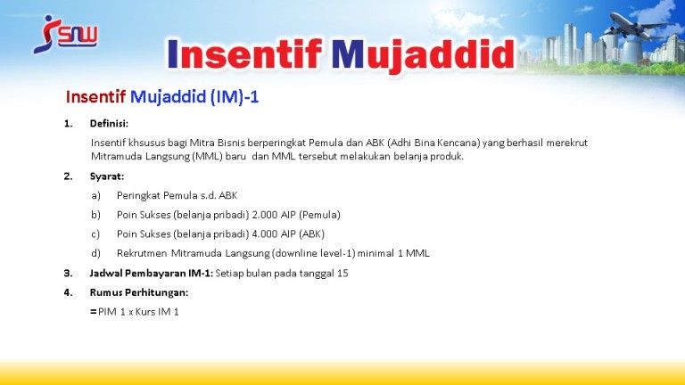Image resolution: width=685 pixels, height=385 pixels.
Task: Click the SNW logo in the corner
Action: tap(65, 35)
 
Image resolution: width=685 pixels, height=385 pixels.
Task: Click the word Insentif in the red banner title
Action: tap(244, 55)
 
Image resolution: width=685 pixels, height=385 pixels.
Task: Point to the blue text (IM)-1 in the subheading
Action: tap(235, 96)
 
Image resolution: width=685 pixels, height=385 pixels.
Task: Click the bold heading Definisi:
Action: tap(109, 124)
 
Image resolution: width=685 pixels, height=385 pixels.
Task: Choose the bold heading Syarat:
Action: tap(107, 176)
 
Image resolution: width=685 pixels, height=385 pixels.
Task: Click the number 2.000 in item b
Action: tap(265, 215)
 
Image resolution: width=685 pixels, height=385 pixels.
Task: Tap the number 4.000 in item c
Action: tap(265, 234)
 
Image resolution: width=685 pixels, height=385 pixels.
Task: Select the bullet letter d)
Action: tap(95, 253)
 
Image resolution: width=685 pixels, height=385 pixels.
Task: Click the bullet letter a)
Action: tap(95, 195)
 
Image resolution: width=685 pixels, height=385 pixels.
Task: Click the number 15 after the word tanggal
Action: tap(342, 274)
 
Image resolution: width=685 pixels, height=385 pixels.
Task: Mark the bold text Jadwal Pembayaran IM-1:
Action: tap(152, 274)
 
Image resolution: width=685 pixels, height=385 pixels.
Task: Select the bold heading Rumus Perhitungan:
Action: tap(139, 292)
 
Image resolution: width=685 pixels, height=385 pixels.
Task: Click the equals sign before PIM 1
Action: tap(93, 312)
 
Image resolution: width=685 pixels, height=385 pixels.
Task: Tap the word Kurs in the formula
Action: tap(145, 312)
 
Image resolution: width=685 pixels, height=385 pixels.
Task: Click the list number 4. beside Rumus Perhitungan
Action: tap(68, 292)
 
